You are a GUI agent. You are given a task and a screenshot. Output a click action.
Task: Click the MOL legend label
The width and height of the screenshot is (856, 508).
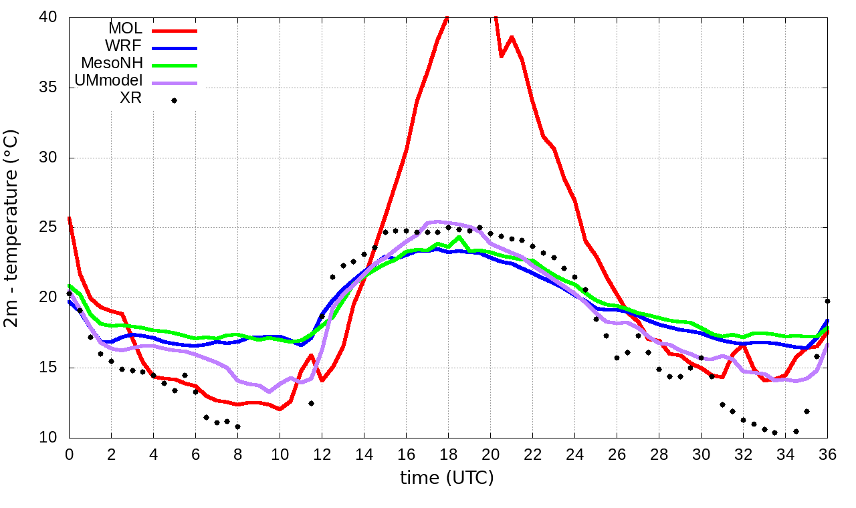pos(125,29)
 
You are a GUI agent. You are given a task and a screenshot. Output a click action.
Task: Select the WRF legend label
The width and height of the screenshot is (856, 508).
pos(124,46)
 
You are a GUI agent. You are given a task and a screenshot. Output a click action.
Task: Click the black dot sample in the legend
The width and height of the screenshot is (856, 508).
pos(174,100)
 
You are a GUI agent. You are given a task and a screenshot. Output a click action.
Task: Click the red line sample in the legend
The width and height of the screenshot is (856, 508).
pos(175,30)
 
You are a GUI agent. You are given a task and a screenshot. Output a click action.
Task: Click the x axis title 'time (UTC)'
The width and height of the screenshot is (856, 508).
pos(447,478)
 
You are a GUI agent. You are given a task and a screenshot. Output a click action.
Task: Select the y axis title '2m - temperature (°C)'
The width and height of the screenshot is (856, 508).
pos(12,228)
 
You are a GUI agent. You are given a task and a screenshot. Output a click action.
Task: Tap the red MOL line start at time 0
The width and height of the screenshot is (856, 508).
pos(70,219)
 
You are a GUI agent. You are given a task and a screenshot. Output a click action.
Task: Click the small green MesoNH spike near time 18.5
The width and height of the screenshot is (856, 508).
pos(459,237)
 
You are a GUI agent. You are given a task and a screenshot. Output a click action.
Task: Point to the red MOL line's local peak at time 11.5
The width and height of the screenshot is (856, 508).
pos(311,355)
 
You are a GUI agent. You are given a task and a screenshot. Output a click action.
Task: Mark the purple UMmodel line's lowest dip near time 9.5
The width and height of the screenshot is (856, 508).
pos(269,391)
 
